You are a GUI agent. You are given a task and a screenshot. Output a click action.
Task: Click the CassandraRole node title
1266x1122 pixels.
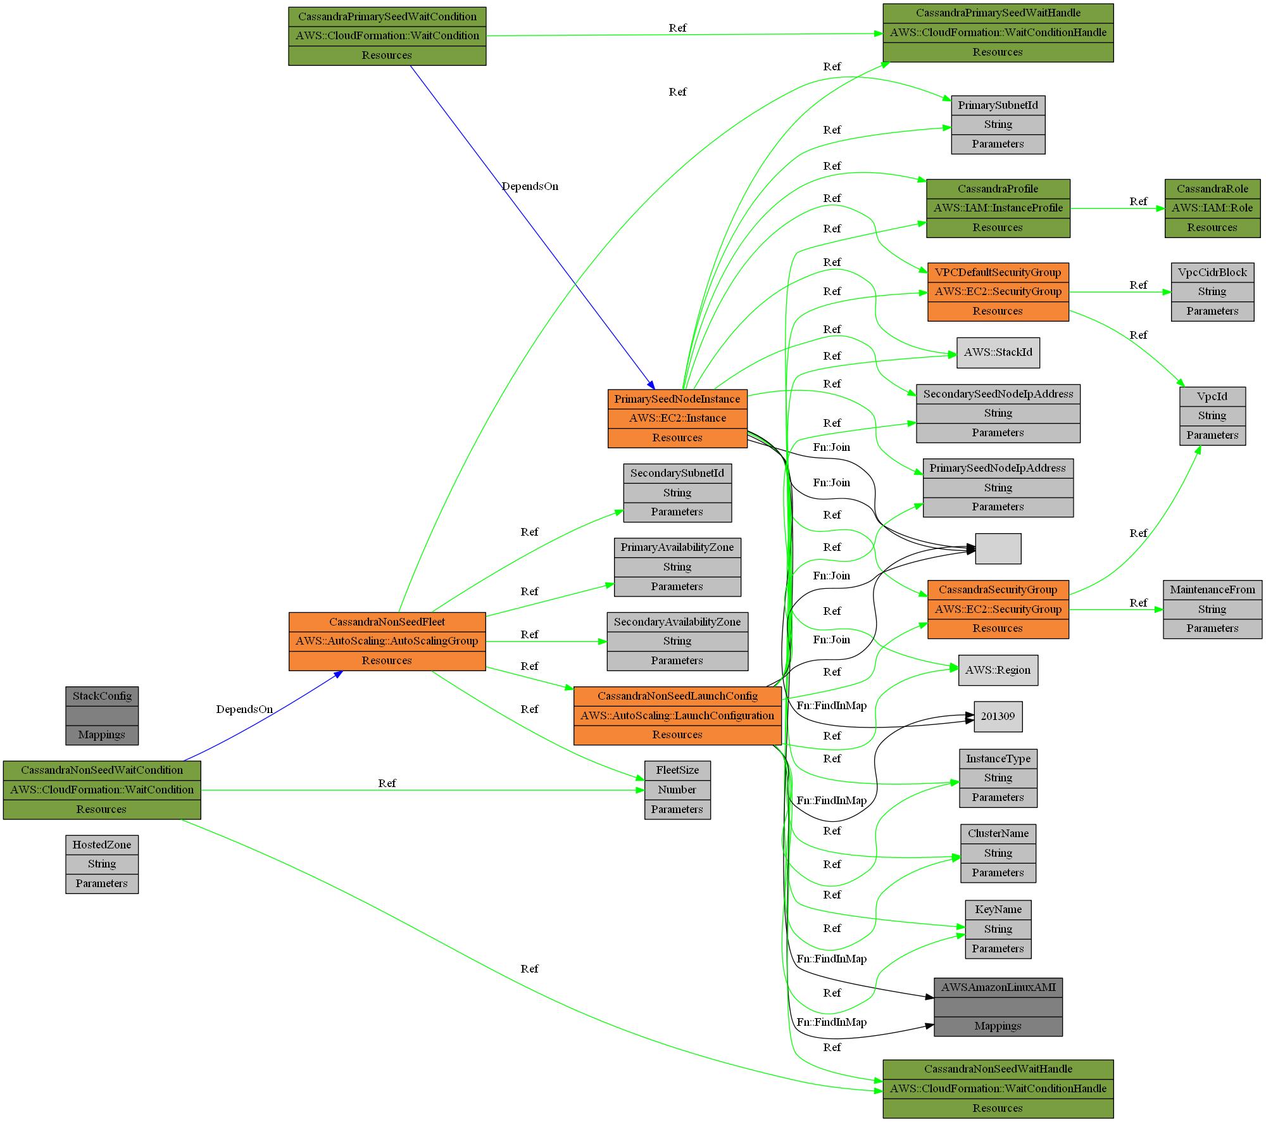1212,189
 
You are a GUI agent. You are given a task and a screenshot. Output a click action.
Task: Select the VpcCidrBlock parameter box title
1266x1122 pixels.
1212,272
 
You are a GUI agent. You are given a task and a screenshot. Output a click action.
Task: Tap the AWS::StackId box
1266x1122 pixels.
998,352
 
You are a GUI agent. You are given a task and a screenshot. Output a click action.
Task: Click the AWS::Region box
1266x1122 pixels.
998,670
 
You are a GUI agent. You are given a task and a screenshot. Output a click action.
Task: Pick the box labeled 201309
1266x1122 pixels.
998,716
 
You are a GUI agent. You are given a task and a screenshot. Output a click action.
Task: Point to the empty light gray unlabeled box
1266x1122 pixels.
998,548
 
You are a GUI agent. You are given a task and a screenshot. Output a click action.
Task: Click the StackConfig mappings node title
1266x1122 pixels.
102,696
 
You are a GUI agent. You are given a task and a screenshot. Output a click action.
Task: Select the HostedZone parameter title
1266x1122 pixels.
102,845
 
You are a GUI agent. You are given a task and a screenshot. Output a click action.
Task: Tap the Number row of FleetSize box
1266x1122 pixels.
677,790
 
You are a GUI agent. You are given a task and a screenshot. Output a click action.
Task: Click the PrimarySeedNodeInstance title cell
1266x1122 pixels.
677,399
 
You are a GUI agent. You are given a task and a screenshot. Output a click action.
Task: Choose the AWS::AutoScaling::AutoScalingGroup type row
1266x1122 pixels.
387,641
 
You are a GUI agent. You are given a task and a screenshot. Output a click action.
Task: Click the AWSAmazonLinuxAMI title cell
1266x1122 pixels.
998,987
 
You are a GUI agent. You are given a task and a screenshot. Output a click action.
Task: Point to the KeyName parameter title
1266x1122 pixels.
998,909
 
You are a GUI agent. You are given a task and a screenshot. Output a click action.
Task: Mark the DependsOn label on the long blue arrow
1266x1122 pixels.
530,186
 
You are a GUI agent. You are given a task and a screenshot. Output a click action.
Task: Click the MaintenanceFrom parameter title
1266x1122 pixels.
1212,589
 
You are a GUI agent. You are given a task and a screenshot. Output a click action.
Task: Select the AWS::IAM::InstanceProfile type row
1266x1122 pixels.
998,208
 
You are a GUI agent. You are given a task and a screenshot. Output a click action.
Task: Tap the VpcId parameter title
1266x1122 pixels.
1212,396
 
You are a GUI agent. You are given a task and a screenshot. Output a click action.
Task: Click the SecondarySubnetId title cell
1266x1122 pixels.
677,473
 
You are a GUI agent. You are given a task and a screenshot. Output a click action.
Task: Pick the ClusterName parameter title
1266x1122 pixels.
998,833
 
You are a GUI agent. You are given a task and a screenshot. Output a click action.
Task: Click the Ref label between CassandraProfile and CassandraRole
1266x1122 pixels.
1138,201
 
